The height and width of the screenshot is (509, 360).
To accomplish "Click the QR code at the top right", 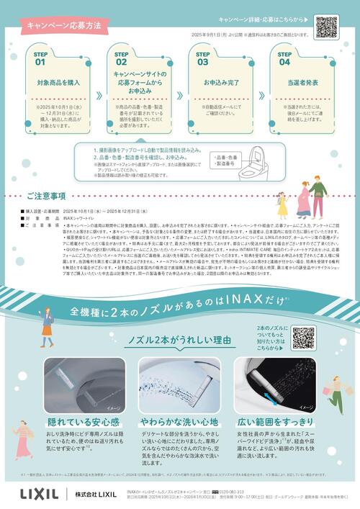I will [x=325, y=27].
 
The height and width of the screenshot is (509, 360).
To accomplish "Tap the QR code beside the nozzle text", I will [x=303, y=338].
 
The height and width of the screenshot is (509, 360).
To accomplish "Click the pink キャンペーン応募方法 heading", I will [x=63, y=24].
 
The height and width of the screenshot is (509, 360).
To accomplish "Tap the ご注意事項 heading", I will [x=46, y=196].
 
